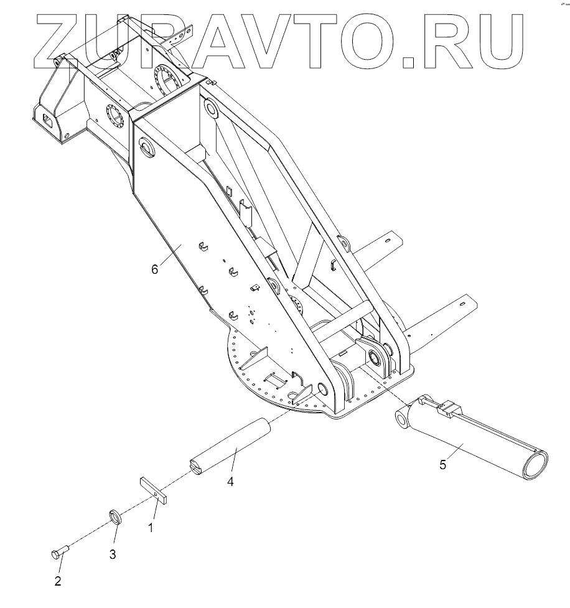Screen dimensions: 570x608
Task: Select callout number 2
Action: pos(58,581)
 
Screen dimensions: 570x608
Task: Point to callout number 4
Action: pos(230,482)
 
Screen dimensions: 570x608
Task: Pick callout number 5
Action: pos(443,464)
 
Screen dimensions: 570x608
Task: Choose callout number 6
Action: pos(155,269)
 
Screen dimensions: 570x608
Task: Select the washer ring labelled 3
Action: pos(114,517)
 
